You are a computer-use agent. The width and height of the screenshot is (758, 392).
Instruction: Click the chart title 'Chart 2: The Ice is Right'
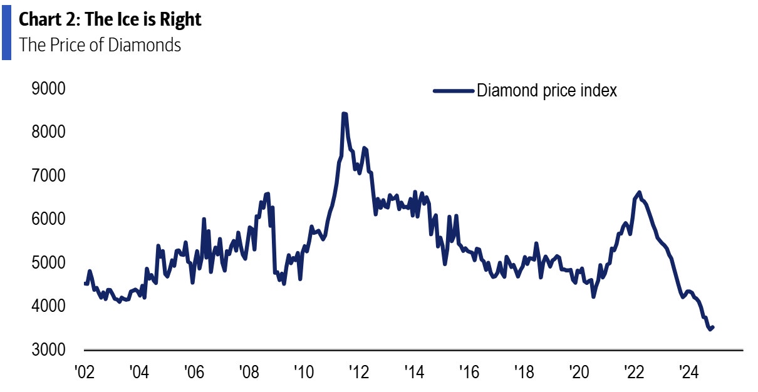(110, 19)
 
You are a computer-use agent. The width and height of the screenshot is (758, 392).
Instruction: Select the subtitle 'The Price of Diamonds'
(100, 45)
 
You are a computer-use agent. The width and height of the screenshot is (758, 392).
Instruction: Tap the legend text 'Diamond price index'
(547, 91)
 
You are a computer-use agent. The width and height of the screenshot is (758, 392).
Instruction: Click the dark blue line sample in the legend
(453, 91)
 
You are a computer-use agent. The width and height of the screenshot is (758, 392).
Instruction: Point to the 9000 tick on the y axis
(48, 89)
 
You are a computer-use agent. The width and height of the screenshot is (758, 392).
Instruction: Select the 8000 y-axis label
(48, 132)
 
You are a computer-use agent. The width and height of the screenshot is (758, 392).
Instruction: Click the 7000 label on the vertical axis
(48, 176)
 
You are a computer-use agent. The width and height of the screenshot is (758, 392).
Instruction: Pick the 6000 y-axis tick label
(48, 219)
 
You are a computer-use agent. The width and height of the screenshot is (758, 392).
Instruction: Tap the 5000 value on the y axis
(48, 263)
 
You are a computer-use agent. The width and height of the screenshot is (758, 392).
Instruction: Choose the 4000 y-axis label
(48, 306)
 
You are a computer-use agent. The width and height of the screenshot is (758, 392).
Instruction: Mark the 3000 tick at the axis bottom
(48, 350)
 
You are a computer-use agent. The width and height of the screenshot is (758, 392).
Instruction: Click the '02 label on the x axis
(84, 371)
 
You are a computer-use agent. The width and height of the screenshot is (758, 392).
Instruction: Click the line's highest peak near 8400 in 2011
(344, 114)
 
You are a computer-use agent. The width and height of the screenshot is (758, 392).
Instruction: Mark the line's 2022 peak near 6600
(639, 192)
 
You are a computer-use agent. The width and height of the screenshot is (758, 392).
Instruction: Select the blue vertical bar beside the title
(6, 30)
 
